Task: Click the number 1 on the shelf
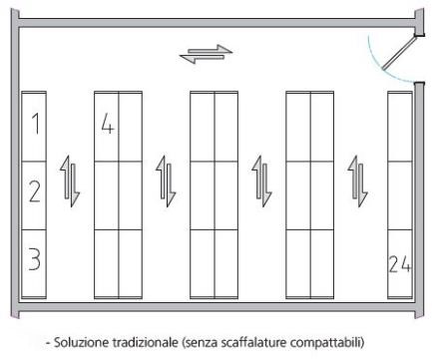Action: click(x=36, y=124)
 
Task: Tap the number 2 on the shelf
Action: click(x=35, y=191)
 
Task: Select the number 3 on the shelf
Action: click(x=34, y=258)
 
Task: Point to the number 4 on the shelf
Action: click(x=108, y=124)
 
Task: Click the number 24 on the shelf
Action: click(x=399, y=264)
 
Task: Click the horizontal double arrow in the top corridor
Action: click(x=206, y=54)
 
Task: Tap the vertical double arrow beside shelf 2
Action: click(x=70, y=181)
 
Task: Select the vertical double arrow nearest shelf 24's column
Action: click(x=357, y=181)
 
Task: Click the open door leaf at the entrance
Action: click(x=398, y=53)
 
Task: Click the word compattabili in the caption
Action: click(x=326, y=343)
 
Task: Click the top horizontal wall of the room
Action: click(x=217, y=23)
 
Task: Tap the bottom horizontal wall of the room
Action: click(x=217, y=307)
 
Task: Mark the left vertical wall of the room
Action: click(x=15, y=163)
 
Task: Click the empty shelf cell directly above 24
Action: click(x=400, y=195)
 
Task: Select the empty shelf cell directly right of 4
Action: click(x=131, y=127)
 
